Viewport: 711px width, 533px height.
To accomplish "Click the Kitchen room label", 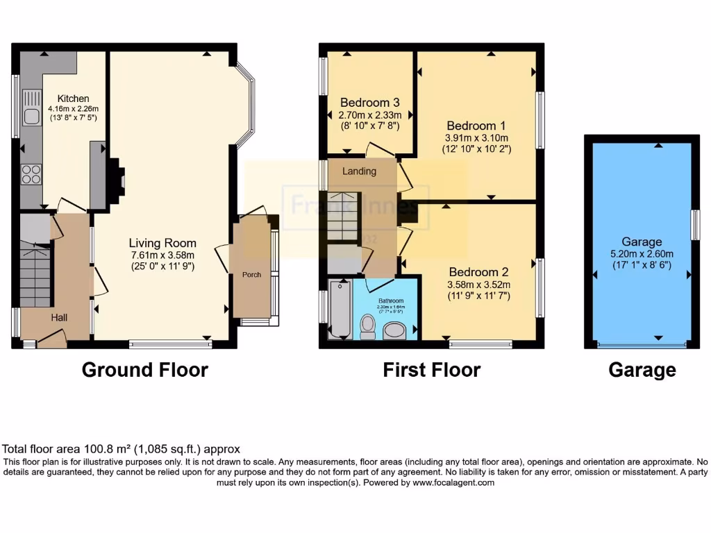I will [73, 99].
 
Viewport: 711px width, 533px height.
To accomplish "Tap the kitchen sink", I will [31, 116].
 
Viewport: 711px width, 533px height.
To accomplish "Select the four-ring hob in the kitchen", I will [31, 174].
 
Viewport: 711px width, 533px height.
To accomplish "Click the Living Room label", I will [162, 243].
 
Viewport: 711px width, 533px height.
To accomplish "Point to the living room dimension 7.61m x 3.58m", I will [162, 255].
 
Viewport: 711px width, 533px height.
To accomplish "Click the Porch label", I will [251, 275].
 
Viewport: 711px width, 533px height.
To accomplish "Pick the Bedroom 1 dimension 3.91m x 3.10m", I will [476, 137].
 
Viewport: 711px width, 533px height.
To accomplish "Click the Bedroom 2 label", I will [474, 272].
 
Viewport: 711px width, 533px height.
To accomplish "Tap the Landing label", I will [360, 171].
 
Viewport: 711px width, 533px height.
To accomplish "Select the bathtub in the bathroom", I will [339, 310].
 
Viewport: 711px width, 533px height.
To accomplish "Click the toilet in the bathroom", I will [367, 326].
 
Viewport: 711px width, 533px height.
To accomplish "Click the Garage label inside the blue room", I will [642, 242].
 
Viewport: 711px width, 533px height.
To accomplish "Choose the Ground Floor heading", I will [144, 370].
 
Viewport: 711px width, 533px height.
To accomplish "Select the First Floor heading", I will [431, 370].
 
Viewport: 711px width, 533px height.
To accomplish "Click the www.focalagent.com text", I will [453, 483].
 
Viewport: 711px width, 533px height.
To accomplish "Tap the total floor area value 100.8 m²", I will [102, 450].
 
